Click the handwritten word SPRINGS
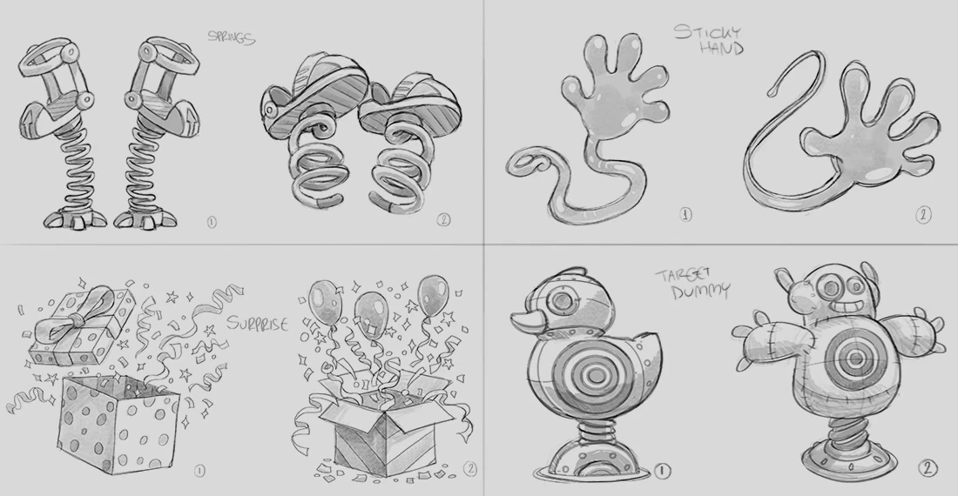(x=231, y=37)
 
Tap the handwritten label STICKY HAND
(x=709, y=39)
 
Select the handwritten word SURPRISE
(x=257, y=323)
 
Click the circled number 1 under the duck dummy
(x=663, y=471)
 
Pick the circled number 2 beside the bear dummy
(x=927, y=468)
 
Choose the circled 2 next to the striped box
(x=469, y=468)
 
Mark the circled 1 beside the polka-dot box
(x=199, y=471)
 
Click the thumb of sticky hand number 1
(x=577, y=89)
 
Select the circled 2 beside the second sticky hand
(x=924, y=214)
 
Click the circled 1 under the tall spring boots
(x=212, y=222)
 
